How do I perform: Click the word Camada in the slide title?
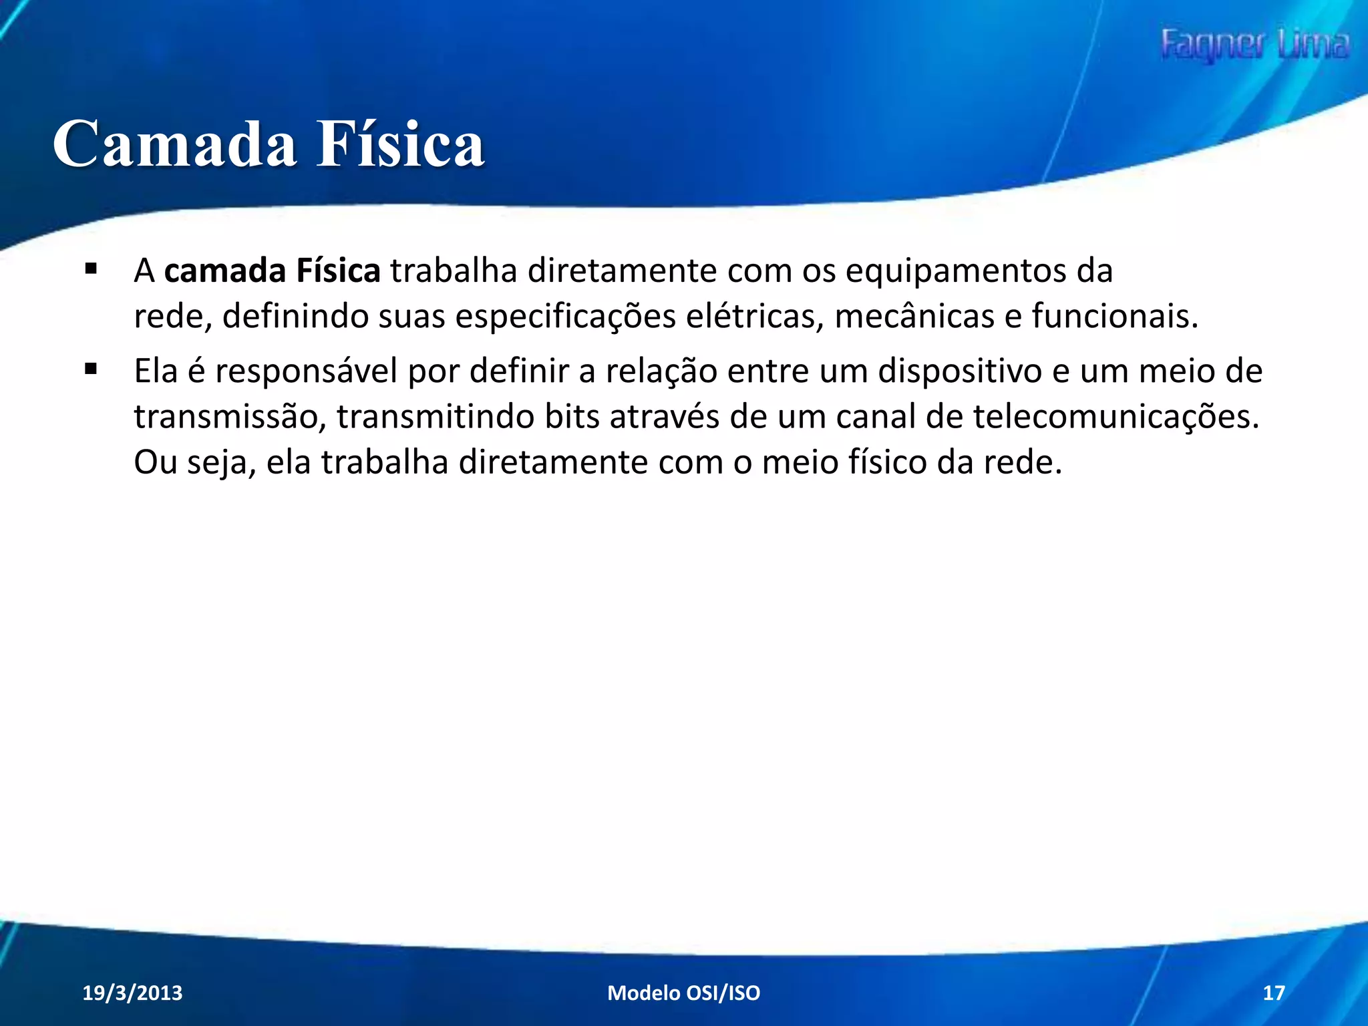tap(174, 145)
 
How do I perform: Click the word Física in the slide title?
tap(400, 145)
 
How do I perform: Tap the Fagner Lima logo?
tap(1254, 45)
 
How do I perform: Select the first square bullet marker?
tap(92, 270)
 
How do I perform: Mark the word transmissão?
tap(230, 417)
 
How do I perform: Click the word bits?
tap(572, 417)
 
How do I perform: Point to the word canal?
tap(876, 417)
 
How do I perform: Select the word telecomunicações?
tap(1116, 417)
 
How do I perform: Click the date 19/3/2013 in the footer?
tap(132, 993)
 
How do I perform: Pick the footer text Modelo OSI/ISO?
tap(683, 993)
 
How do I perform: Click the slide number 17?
tap(1273, 993)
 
